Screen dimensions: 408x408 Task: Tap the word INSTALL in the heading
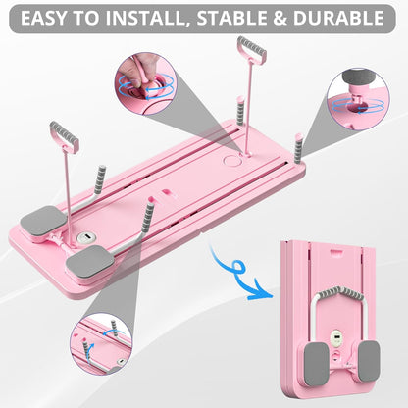(x=144, y=18)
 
